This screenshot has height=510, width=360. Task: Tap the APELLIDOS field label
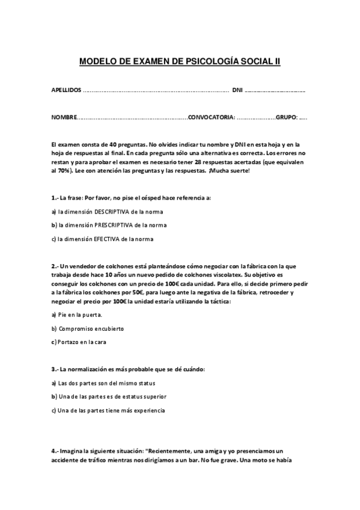(66, 90)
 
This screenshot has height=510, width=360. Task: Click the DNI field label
(237, 90)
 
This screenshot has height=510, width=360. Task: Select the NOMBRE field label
(64, 117)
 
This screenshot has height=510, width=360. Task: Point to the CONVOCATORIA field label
(211, 117)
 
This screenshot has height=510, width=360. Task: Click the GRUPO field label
(286, 117)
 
